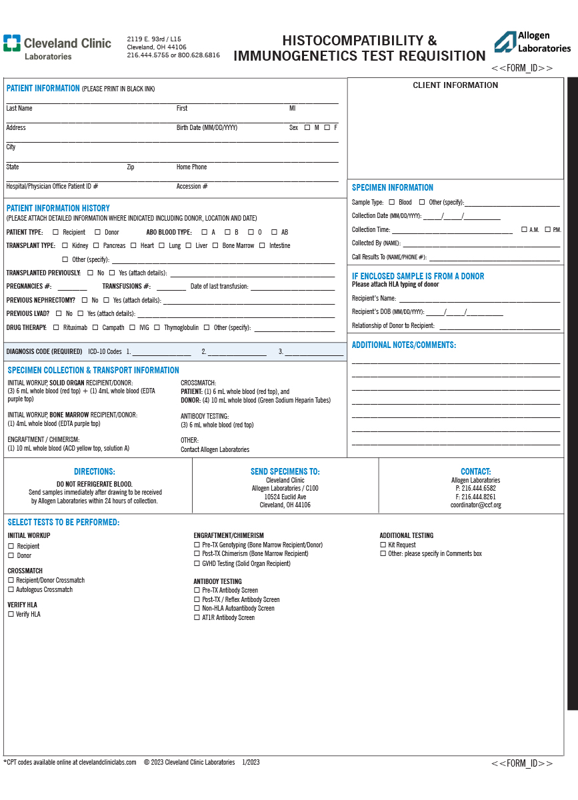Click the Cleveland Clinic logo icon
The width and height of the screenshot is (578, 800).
[11, 43]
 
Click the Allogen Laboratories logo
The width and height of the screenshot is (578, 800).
[532, 42]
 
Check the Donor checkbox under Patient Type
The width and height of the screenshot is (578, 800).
[97, 232]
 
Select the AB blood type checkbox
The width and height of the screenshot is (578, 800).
[273, 232]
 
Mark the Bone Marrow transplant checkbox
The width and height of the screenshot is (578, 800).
[215, 245]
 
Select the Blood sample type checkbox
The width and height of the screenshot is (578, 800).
[391, 202]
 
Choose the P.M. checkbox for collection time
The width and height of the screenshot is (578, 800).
[547, 229]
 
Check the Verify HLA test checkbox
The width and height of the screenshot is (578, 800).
[11, 614]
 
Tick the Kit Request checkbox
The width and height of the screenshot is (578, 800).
[383, 545]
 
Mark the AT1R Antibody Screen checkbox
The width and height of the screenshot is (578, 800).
[197, 617]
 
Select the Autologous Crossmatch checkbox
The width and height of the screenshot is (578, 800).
[11, 589]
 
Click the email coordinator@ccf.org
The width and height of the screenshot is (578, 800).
[475, 505]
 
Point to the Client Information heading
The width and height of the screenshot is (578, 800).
[455, 85]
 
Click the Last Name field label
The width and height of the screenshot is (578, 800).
[19, 108]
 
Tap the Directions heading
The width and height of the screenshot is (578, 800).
[95, 471]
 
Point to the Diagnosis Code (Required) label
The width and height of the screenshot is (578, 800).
[44, 351]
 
